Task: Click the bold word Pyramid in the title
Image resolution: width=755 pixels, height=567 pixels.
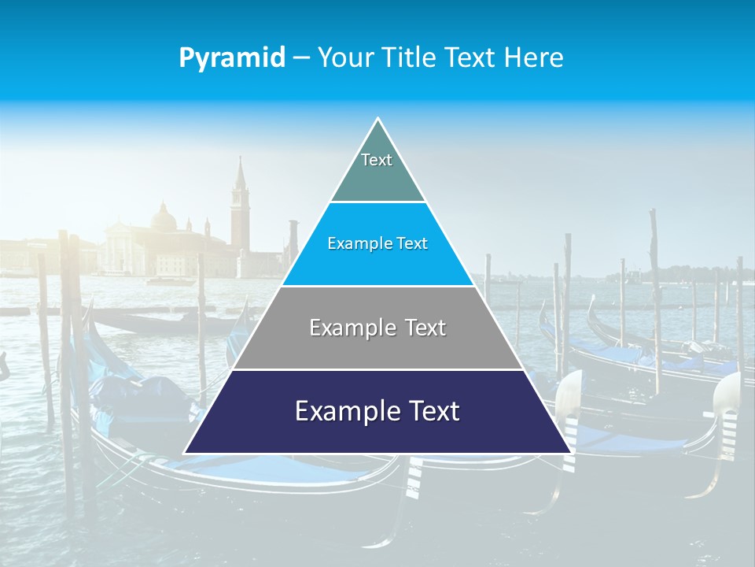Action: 232,58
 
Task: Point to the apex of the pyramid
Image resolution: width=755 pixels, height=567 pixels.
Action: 377,119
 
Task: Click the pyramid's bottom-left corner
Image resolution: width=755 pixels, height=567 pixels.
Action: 185,453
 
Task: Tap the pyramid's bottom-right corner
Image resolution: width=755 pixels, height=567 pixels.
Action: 570,453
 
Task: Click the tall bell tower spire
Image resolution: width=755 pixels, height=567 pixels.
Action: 240,177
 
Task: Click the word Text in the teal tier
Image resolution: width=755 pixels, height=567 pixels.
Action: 377,160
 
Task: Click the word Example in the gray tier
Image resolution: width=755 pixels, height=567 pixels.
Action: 352,328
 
